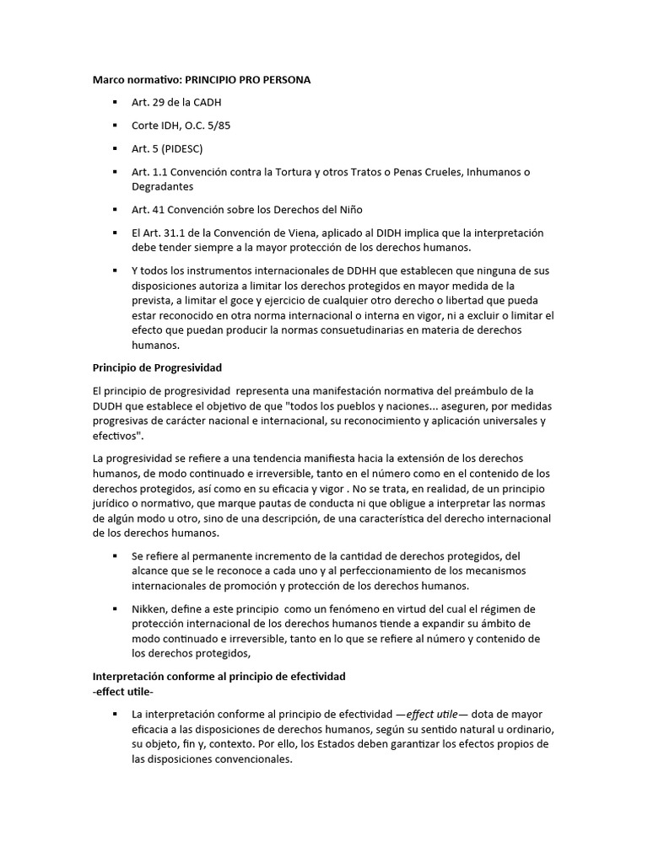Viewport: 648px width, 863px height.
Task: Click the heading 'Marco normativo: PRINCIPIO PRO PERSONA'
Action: (201, 80)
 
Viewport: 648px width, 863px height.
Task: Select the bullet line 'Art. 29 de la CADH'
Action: (176, 103)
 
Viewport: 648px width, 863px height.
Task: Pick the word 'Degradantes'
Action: (162, 186)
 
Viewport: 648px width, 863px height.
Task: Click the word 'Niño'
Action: (345, 209)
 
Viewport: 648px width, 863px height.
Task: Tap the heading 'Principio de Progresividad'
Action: (156, 367)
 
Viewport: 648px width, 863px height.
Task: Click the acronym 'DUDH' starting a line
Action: (107, 405)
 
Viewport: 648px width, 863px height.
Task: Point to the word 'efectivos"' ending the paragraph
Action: (117, 436)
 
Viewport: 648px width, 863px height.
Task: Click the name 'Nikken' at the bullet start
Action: (148, 608)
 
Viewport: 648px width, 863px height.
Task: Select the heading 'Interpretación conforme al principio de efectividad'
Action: (218, 677)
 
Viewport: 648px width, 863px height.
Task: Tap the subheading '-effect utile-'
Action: (123, 691)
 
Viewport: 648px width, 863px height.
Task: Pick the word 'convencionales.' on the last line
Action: (251, 758)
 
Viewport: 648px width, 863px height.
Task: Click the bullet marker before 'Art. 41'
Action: (114, 210)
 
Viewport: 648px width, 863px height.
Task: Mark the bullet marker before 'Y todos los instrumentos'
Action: (114, 271)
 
